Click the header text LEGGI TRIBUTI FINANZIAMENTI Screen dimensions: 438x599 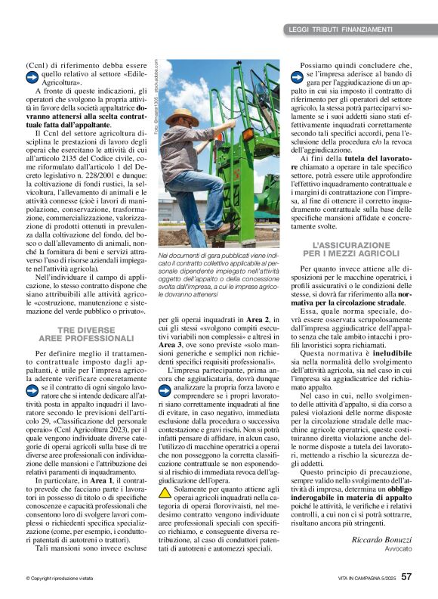pos(341,29)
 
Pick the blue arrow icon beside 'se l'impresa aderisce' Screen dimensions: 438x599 pos(297,76)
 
